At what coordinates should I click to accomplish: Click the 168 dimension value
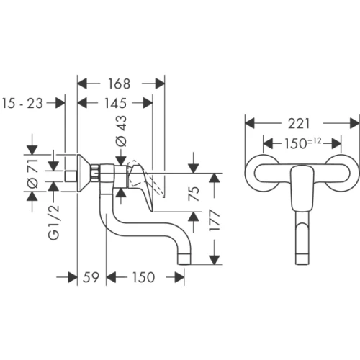tap(119, 84)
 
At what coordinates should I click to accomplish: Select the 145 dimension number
tap(115, 103)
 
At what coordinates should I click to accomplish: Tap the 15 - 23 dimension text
tap(23, 104)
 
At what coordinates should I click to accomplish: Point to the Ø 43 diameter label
tap(122, 131)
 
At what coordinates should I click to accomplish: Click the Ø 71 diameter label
tap(33, 174)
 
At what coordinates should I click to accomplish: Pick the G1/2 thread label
tap(53, 222)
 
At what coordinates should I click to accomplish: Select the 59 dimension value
tap(91, 277)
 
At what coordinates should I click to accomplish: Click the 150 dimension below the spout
tap(144, 277)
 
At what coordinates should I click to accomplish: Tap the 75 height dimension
tap(194, 194)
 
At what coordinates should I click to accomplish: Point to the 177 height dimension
tap(215, 220)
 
